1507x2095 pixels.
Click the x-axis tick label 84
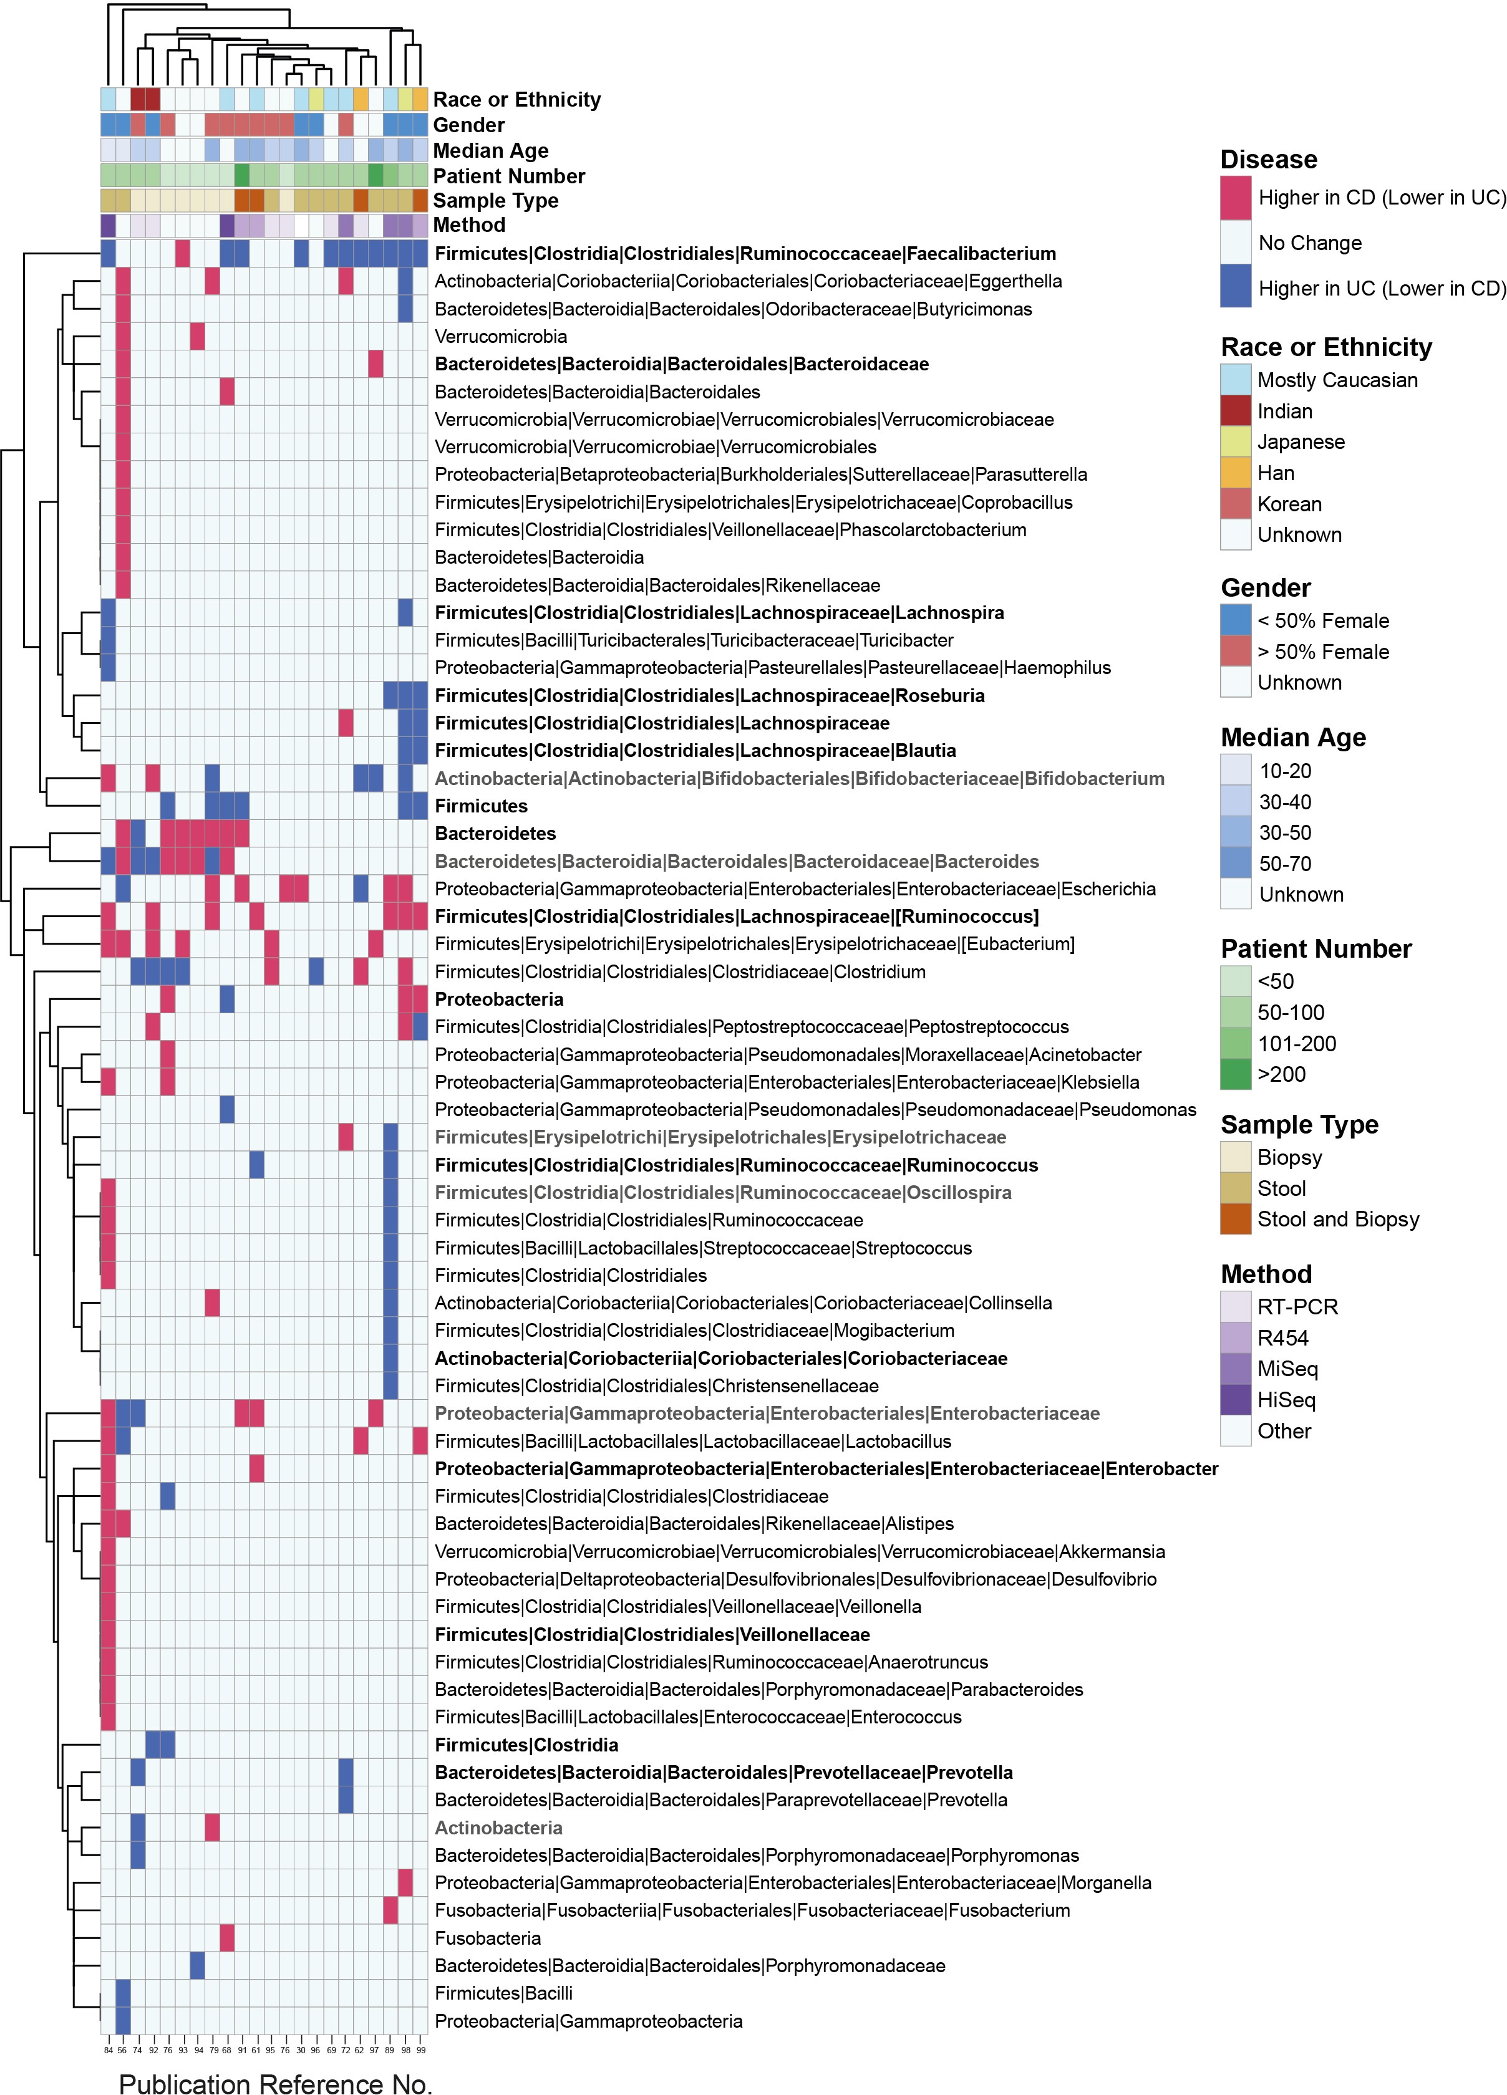click(x=108, y=2049)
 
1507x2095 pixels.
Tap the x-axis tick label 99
click(x=420, y=2049)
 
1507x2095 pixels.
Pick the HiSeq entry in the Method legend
click(x=1286, y=1399)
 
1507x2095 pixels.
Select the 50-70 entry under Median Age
click(x=1284, y=863)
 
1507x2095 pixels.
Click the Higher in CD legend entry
click(x=1382, y=197)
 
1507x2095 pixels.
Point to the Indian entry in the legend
click(x=1284, y=411)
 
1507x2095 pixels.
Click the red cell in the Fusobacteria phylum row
click(x=227, y=1937)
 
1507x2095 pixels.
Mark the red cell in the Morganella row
click(x=405, y=1882)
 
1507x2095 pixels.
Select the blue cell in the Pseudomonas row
click(x=227, y=1109)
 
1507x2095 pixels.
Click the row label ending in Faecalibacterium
click(x=745, y=253)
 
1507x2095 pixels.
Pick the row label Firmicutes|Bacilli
click(x=503, y=1993)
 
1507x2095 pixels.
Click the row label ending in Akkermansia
click(x=799, y=1551)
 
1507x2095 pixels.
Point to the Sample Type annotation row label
click(x=495, y=200)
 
